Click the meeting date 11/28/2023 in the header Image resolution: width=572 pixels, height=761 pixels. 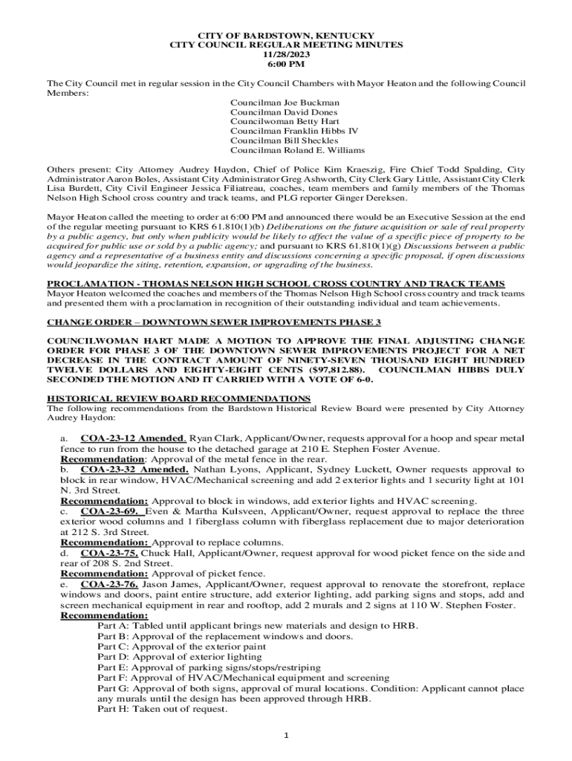click(286, 54)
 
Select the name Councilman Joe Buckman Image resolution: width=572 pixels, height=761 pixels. click(285, 103)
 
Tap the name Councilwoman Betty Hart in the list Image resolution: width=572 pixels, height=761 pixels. click(284, 121)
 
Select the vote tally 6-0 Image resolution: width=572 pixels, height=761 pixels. click(360, 379)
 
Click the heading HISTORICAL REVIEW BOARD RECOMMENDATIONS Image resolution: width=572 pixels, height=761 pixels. click(178, 398)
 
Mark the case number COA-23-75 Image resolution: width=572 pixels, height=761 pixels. click(109, 553)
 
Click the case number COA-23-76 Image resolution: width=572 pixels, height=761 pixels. click(109, 584)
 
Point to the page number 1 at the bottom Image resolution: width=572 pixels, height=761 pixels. click(286, 736)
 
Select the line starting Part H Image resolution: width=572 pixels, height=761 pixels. click(162, 709)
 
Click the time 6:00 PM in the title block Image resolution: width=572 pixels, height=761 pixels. click(286, 64)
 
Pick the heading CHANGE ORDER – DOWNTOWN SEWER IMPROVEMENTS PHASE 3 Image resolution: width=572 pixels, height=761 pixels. click(214, 322)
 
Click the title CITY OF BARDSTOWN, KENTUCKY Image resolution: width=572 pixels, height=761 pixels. click(286, 36)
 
